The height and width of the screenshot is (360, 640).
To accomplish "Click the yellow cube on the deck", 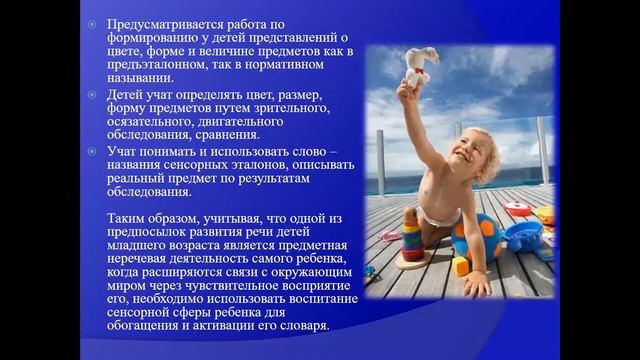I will point(461,266).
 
